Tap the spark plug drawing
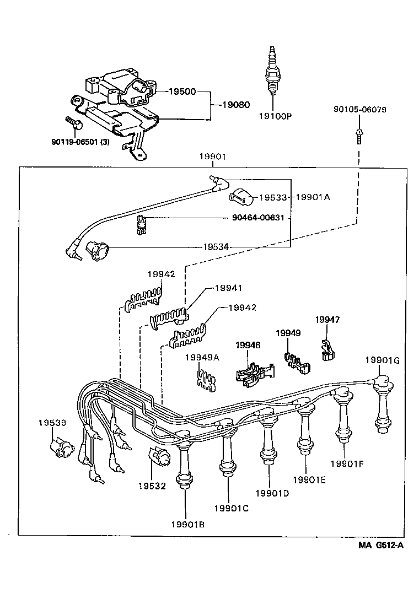click(272, 71)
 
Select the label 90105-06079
click(359, 110)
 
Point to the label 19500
click(182, 91)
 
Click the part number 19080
click(235, 104)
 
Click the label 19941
click(228, 288)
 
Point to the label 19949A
click(202, 358)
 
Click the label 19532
click(152, 487)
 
